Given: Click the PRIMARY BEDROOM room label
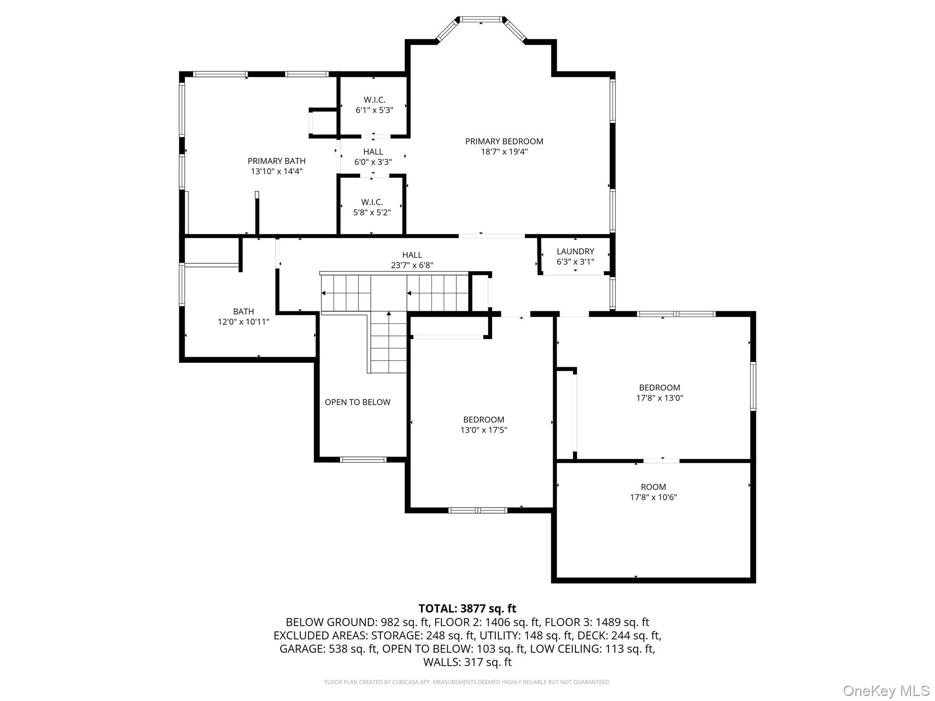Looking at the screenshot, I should pyautogui.click(x=504, y=141).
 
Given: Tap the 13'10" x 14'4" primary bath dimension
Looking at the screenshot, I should pyautogui.click(x=276, y=172).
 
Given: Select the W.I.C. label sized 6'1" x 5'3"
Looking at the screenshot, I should pyautogui.click(x=374, y=99).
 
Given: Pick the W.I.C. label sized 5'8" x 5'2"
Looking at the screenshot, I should pyautogui.click(x=372, y=202).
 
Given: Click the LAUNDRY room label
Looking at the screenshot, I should pyautogui.click(x=575, y=251).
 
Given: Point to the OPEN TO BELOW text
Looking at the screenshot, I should pyautogui.click(x=357, y=402).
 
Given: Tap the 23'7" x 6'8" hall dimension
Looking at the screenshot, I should pyautogui.click(x=412, y=265).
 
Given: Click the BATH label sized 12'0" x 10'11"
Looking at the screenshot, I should pyautogui.click(x=243, y=311).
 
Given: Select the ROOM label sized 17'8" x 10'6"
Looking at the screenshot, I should pyautogui.click(x=653, y=487).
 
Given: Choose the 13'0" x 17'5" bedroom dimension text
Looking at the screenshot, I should pyautogui.click(x=483, y=430).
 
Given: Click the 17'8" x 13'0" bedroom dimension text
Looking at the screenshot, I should pyautogui.click(x=659, y=398).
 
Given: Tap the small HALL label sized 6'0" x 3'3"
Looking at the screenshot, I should pyautogui.click(x=373, y=152).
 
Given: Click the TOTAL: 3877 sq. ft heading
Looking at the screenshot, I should pyautogui.click(x=467, y=608).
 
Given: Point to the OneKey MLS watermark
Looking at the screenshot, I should pyautogui.click(x=886, y=691).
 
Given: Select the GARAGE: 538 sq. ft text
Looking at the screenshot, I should pyautogui.click(x=329, y=649).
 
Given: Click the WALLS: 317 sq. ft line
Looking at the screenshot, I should pyautogui.click(x=467, y=662).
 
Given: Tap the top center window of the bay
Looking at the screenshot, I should pyautogui.click(x=481, y=19).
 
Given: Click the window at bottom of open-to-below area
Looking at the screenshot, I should pyautogui.click(x=363, y=460).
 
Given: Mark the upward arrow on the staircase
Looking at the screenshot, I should pyautogui.click(x=389, y=314).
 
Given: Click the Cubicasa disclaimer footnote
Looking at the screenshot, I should pyautogui.click(x=467, y=682).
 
